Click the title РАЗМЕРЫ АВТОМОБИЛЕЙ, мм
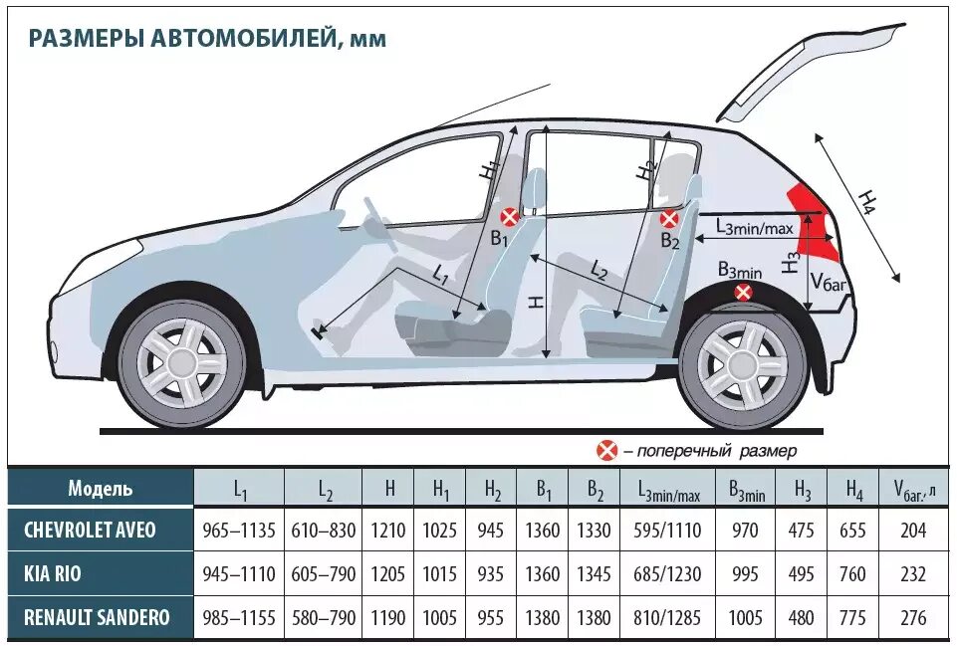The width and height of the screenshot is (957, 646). (207, 38)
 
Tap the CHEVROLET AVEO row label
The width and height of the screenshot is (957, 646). (90, 530)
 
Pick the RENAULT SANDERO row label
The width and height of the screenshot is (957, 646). (97, 618)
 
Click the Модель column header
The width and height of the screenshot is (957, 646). (100, 488)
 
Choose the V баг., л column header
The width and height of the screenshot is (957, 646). (914, 489)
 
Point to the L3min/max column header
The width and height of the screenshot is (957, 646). (662, 489)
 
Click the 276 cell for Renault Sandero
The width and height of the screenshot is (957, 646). (913, 618)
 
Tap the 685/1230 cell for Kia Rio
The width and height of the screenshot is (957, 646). (662, 574)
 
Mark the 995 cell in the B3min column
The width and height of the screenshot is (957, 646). (745, 574)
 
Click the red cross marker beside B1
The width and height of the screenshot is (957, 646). (509, 216)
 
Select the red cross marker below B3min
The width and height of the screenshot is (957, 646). (743, 292)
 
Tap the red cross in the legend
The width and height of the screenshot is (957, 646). (606, 451)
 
